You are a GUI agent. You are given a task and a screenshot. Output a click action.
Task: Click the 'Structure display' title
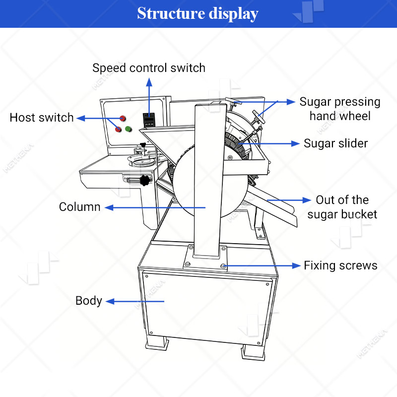198,13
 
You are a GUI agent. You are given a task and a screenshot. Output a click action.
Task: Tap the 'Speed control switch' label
149,68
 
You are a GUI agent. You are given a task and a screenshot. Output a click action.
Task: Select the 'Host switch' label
42,118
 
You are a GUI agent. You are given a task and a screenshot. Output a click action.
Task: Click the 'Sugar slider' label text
335,143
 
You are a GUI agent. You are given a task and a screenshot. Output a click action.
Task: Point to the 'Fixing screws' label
340,265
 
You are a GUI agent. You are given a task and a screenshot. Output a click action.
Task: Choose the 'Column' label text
80,207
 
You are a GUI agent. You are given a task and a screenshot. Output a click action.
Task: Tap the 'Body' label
89,301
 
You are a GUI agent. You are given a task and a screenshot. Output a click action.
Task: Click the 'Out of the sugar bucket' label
342,207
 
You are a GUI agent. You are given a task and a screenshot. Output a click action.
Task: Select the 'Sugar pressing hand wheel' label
340,109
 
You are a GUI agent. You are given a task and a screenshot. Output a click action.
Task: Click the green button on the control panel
129,129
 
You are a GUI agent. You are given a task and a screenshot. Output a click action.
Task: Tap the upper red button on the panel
123,118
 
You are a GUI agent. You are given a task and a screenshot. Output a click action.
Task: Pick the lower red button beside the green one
118,130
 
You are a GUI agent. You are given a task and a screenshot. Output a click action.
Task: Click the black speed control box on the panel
149,120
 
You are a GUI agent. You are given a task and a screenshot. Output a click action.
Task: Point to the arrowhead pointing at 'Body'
110,302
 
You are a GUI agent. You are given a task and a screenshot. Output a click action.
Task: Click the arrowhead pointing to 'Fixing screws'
296,265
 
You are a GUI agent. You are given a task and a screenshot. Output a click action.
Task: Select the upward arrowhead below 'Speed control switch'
149,82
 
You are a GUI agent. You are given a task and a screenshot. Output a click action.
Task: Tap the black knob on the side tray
145,180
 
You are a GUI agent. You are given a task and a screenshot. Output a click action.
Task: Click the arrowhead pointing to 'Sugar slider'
295,143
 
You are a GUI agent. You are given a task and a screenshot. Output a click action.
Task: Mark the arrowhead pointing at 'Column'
109,208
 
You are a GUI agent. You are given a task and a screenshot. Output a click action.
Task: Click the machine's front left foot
157,343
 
